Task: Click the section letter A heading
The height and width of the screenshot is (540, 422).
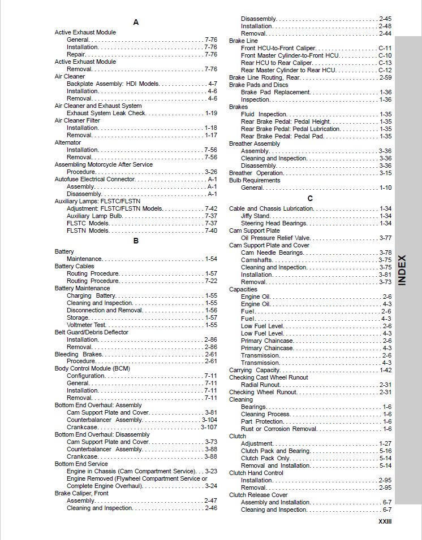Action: (x=136, y=22)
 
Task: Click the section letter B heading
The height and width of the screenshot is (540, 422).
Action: (x=136, y=241)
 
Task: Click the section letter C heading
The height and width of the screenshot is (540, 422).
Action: (x=310, y=198)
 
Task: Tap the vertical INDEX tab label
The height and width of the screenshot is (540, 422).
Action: (x=402, y=270)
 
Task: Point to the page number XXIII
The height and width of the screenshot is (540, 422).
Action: (x=385, y=522)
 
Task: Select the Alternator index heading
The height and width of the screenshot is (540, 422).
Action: (x=68, y=143)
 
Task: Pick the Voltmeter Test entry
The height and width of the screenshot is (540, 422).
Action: (x=87, y=325)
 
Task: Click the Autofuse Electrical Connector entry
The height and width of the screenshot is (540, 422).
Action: (x=94, y=179)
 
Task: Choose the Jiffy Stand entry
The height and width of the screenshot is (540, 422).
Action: (x=255, y=216)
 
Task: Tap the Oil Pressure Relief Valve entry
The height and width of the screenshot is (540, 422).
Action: (x=275, y=238)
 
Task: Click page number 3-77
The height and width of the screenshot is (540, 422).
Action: (x=385, y=238)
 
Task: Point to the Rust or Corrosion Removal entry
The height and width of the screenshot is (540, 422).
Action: (x=279, y=429)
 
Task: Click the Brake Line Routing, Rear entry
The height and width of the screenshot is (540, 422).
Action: (x=264, y=77)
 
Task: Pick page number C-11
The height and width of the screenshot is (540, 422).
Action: (x=385, y=48)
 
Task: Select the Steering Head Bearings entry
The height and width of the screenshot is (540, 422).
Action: (x=274, y=223)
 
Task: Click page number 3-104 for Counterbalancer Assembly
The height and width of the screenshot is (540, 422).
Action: (x=209, y=420)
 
